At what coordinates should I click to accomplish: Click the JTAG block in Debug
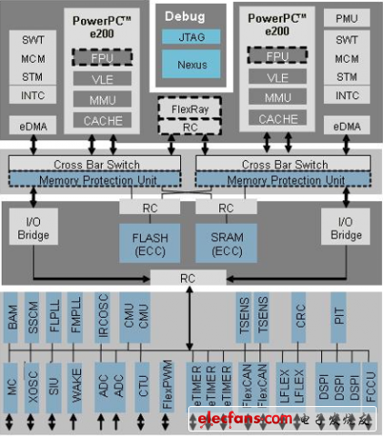(x=191, y=38)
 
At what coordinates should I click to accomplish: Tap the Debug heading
(x=191, y=16)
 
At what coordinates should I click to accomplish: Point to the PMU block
(x=346, y=18)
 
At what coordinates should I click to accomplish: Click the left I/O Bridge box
(x=34, y=230)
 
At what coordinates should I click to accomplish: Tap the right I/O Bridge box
(x=347, y=230)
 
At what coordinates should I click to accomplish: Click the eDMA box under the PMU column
(x=346, y=126)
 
